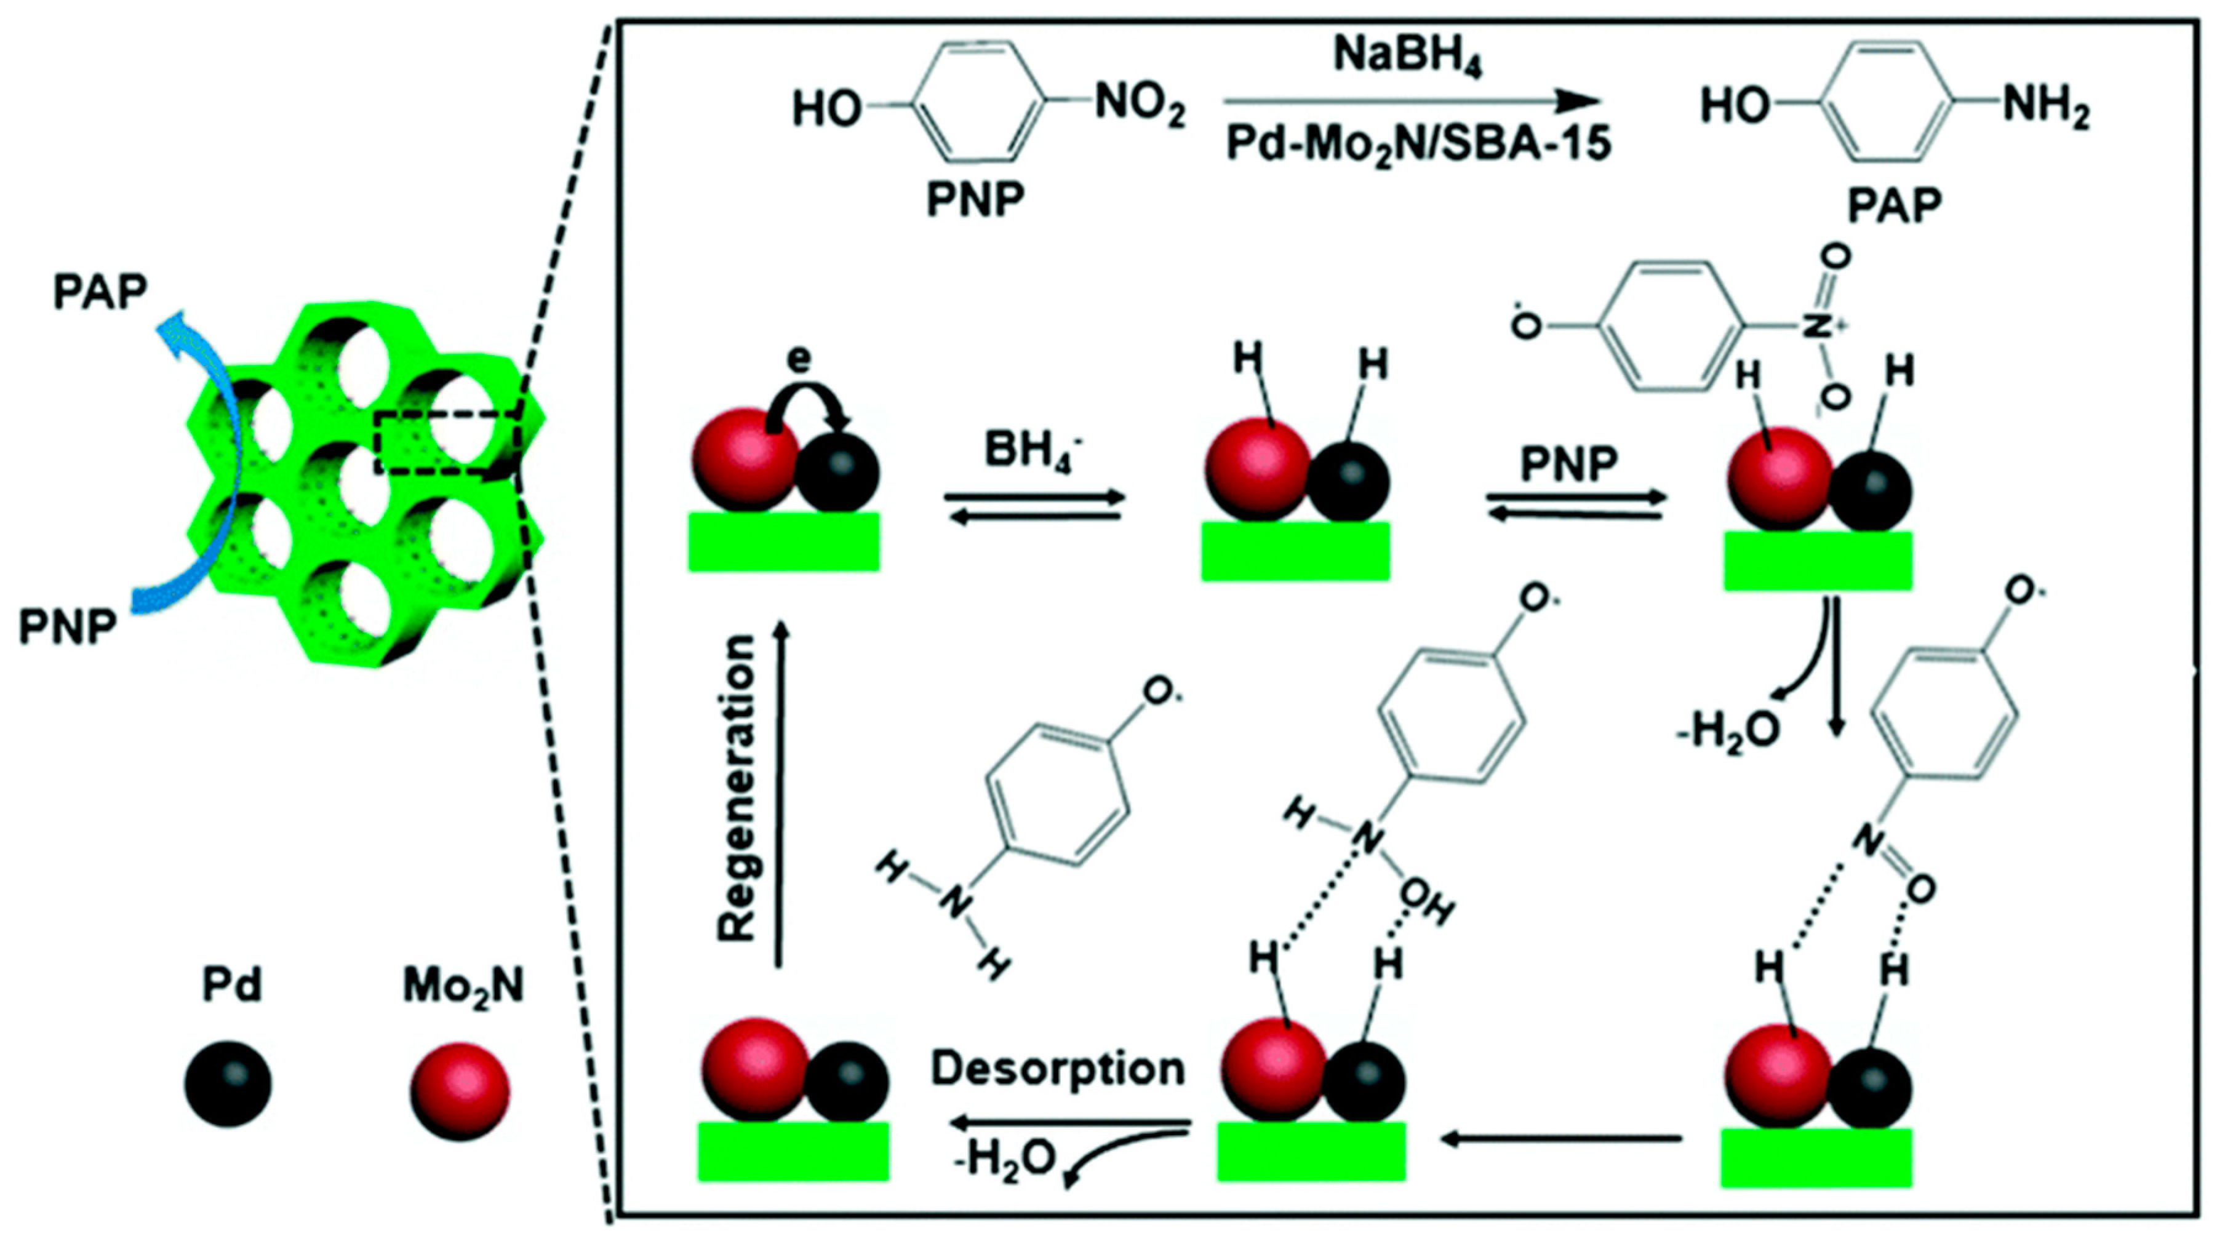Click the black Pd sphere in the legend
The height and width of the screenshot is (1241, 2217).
coord(228,1083)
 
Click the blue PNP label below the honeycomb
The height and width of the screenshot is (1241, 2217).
coord(68,626)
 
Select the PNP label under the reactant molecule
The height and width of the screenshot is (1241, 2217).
coord(975,201)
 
